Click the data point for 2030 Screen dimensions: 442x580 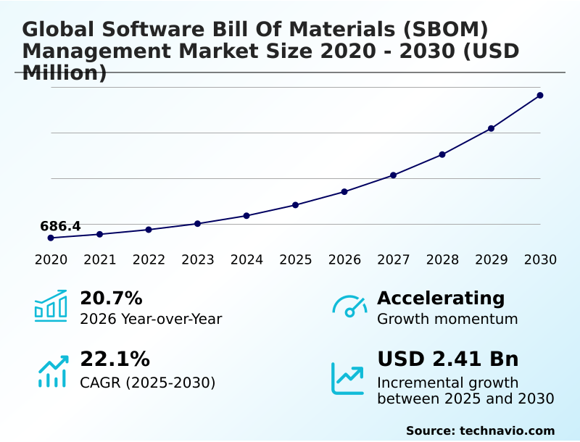(540, 95)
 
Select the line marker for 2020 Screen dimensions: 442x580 (51, 238)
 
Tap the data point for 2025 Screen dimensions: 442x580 (296, 205)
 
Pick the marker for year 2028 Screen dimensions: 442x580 (442, 154)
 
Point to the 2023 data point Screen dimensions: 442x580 (197, 223)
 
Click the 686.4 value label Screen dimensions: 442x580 (60, 226)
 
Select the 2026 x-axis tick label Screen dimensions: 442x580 (344, 259)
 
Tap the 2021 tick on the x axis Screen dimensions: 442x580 (100, 259)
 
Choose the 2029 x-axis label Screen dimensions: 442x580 (492, 259)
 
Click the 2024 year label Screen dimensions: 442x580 (246, 259)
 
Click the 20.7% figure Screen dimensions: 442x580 (111, 298)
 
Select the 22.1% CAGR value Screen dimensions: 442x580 (115, 359)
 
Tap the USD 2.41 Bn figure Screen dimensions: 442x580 (448, 359)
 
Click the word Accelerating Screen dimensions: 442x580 (441, 298)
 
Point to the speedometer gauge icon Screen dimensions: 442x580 (349, 307)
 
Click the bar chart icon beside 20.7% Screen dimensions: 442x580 (51, 307)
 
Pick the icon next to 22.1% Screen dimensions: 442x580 (52, 371)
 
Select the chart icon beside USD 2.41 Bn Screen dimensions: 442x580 (348, 378)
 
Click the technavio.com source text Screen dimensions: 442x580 (507, 430)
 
